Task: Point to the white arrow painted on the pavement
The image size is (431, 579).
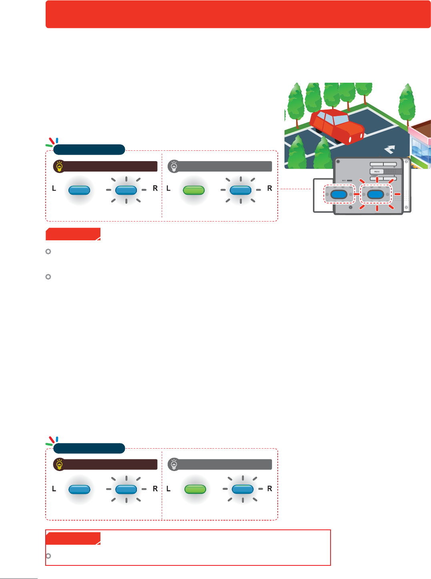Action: point(389,150)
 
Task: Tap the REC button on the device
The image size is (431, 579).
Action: point(377,172)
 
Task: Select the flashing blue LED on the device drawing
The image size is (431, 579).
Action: point(376,195)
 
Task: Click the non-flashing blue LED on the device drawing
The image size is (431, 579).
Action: point(339,195)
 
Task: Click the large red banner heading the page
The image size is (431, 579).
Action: point(238,14)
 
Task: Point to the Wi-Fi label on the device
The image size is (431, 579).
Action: point(344,180)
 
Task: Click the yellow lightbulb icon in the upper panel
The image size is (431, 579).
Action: point(60,166)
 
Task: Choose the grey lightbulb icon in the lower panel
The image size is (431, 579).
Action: point(174,465)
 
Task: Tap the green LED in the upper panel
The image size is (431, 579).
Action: point(194,190)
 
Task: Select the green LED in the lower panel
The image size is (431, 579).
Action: point(195,489)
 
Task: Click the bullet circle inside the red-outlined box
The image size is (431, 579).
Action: point(48,556)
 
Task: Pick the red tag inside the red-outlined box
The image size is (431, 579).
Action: point(73,538)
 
